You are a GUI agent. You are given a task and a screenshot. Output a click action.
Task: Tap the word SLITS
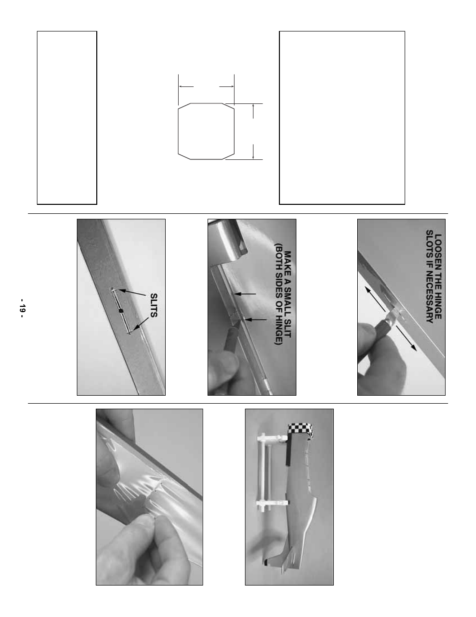(x=153, y=305)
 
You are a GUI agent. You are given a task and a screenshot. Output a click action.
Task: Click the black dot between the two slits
(x=121, y=311)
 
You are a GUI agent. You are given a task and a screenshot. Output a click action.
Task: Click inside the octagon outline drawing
(x=206, y=131)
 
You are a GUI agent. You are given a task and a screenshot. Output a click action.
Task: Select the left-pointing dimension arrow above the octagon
(x=186, y=86)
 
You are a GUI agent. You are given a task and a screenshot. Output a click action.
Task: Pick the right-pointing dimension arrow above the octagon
(x=227, y=86)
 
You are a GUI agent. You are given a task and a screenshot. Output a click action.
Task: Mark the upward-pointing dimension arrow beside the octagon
(x=253, y=111)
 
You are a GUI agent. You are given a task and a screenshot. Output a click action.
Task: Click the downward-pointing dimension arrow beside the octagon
(x=253, y=151)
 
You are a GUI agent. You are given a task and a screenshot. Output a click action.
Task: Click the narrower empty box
(x=67, y=117)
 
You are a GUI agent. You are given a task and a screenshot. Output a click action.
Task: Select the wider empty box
(x=342, y=117)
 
